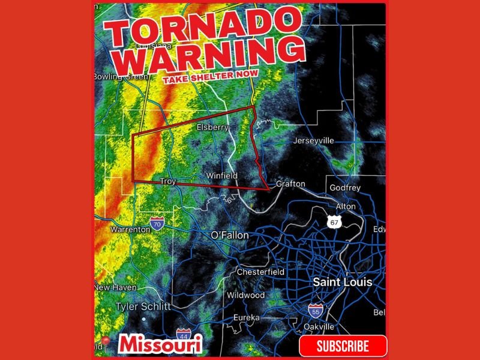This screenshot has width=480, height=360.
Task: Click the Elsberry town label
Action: click(x=213, y=128)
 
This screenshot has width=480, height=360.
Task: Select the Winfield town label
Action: click(x=222, y=176)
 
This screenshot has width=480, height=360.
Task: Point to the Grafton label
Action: click(x=290, y=184)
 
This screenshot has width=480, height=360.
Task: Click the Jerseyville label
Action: click(x=313, y=141)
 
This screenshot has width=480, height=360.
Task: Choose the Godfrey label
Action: click(x=345, y=188)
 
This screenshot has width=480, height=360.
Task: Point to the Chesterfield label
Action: click(x=260, y=272)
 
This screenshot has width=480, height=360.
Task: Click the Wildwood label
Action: click(x=246, y=295)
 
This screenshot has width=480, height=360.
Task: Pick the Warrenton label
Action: click(x=130, y=229)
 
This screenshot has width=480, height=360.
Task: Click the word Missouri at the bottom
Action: click(x=160, y=344)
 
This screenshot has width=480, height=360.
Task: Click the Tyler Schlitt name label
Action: click(x=143, y=307)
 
